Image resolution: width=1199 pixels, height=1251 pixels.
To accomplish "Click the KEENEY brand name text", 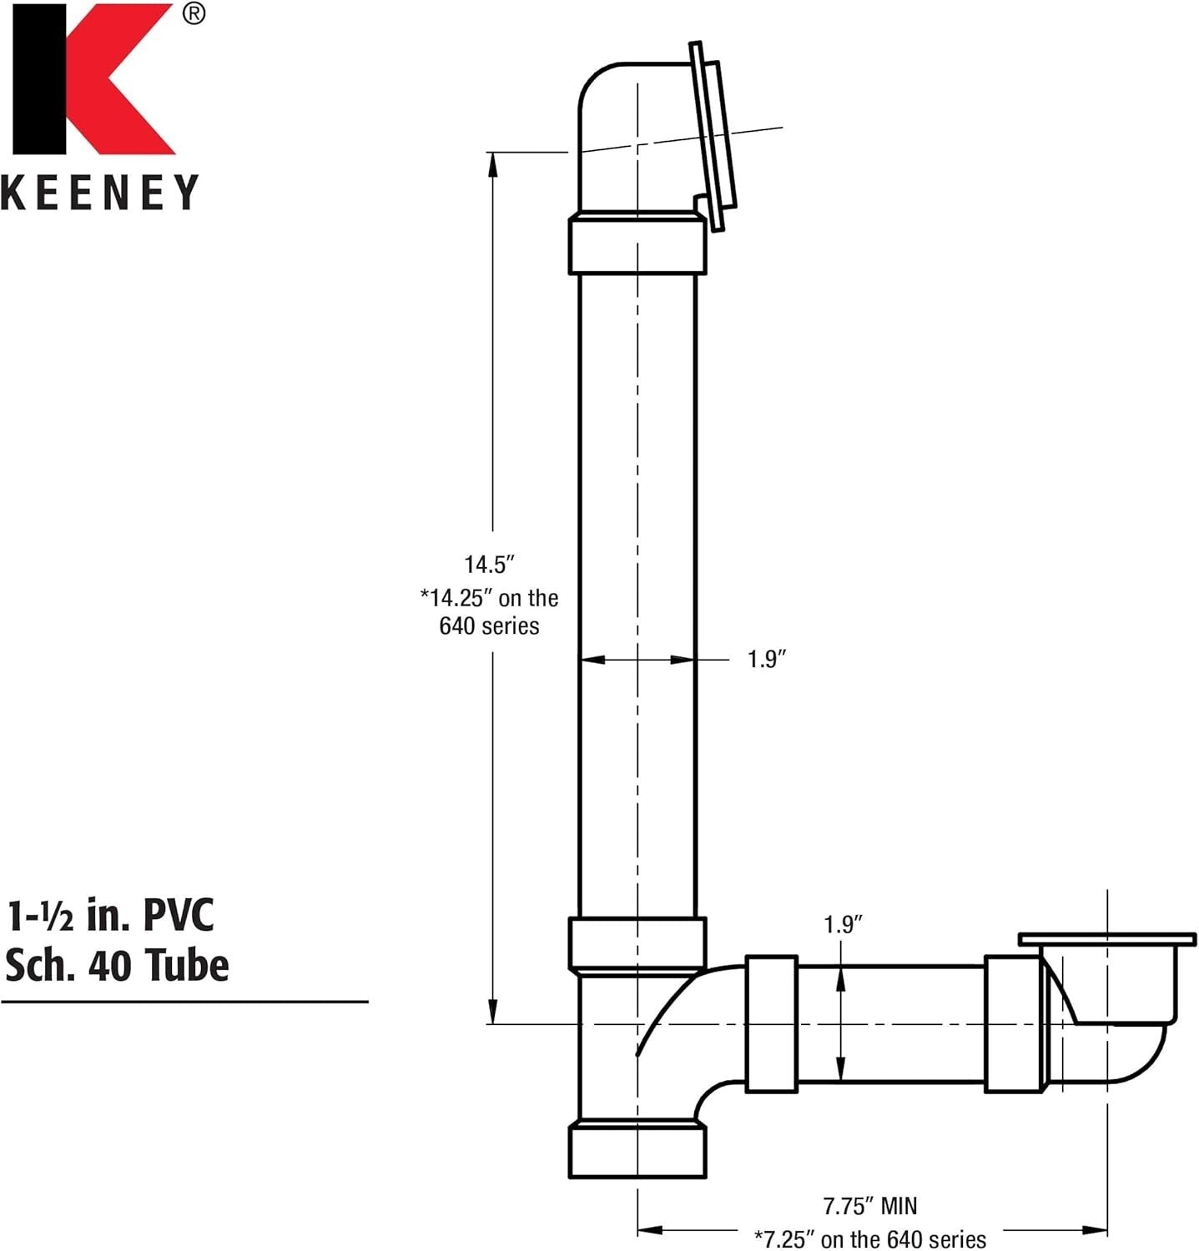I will click(99, 193).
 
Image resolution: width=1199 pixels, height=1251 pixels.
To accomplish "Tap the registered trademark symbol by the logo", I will click(193, 15).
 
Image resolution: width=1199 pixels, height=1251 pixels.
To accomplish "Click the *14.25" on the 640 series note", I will click(489, 611).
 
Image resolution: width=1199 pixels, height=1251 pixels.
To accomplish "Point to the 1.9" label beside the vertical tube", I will click(767, 660).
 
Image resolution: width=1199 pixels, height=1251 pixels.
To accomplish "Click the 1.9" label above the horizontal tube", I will click(843, 924).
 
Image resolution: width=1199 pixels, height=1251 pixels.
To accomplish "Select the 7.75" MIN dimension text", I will click(869, 1206).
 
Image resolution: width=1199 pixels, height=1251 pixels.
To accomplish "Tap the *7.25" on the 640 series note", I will click(869, 1238).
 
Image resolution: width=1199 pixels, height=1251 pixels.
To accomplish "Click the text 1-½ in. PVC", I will click(110, 915).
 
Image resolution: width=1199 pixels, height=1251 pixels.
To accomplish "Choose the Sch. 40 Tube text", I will click(117, 965).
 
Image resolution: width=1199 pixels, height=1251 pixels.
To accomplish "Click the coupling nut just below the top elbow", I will click(637, 245).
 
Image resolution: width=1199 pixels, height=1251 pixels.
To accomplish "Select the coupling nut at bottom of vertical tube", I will click(637, 943).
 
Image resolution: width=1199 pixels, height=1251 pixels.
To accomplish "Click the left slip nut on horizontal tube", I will click(771, 1024).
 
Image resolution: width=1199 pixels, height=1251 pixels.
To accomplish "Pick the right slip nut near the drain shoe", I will click(1013, 1024).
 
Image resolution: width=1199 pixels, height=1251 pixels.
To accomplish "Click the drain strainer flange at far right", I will click(1107, 940).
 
